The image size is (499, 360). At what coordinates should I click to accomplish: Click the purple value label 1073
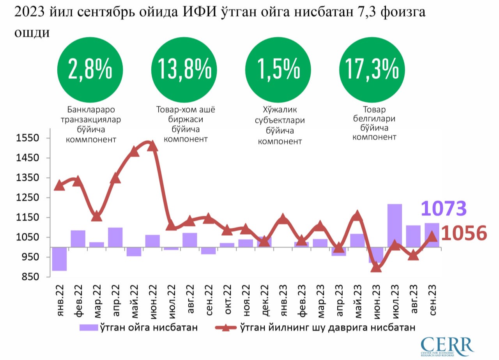coord(444,209)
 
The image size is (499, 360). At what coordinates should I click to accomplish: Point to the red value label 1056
coord(464,234)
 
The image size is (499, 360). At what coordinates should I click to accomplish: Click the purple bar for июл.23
coord(395,225)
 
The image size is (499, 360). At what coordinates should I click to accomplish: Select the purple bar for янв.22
coord(59,259)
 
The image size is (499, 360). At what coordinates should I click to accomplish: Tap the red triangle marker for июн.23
coord(376,267)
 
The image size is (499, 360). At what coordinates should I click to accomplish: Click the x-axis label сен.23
coord(432,300)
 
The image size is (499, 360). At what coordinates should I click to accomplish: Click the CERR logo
coord(448,345)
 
